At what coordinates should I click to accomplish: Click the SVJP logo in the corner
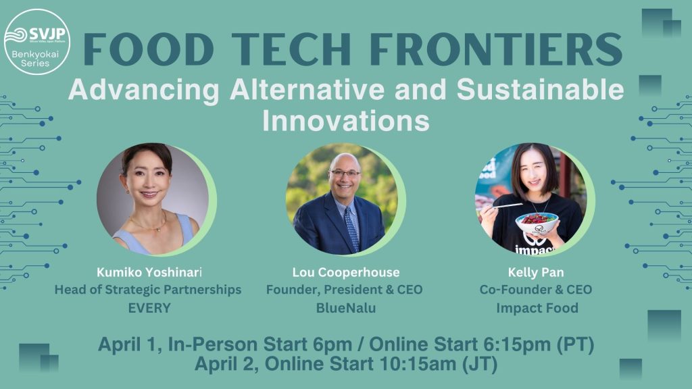[37, 42]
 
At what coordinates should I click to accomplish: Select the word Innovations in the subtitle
[346, 120]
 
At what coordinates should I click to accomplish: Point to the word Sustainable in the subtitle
[540, 89]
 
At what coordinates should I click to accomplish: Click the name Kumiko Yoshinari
[149, 272]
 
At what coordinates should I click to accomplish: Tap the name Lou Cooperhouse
[346, 272]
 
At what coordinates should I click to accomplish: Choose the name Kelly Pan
[536, 272]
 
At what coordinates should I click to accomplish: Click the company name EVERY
[149, 308]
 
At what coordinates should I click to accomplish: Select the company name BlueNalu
[346, 308]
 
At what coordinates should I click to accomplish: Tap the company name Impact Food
[537, 308]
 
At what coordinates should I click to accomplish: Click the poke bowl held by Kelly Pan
[537, 223]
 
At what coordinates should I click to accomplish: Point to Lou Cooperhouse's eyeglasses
[345, 174]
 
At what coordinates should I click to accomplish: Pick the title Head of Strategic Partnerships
[148, 290]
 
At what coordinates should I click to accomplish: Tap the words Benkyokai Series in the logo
[35, 59]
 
